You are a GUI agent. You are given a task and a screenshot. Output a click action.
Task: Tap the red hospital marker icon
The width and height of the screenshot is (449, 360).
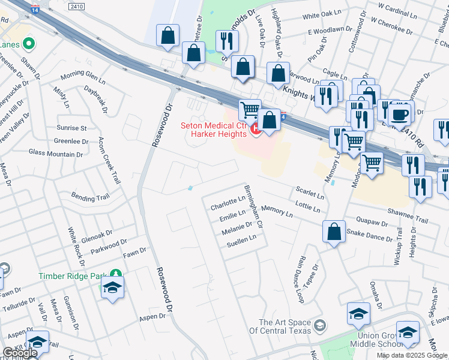(255, 128)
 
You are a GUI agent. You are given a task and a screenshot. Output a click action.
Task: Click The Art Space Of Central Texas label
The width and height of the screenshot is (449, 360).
(285, 326)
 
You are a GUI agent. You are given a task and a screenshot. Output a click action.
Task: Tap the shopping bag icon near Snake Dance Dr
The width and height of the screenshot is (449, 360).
(334, 232)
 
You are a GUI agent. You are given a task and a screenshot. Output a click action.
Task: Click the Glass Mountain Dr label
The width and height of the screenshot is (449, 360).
(56, 154)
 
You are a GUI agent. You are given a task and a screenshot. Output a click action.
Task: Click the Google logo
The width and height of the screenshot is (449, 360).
(20, 353)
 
